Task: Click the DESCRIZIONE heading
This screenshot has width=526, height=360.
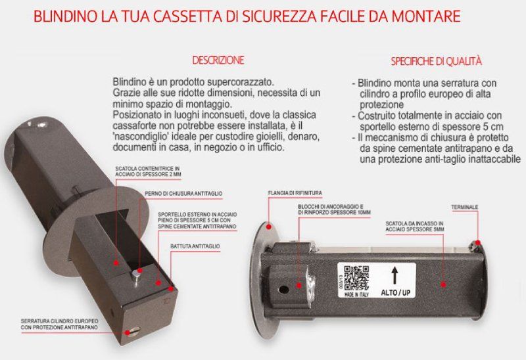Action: [218, 60]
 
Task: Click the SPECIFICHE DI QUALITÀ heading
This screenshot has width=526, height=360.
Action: [437, 62]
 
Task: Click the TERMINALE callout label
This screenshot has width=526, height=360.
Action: [464, 208]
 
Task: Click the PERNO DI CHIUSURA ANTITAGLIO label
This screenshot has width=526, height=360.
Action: [183, 193]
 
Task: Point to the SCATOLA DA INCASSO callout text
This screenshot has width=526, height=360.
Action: [414, 227]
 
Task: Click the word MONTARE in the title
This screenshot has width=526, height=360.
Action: [445, 15]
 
